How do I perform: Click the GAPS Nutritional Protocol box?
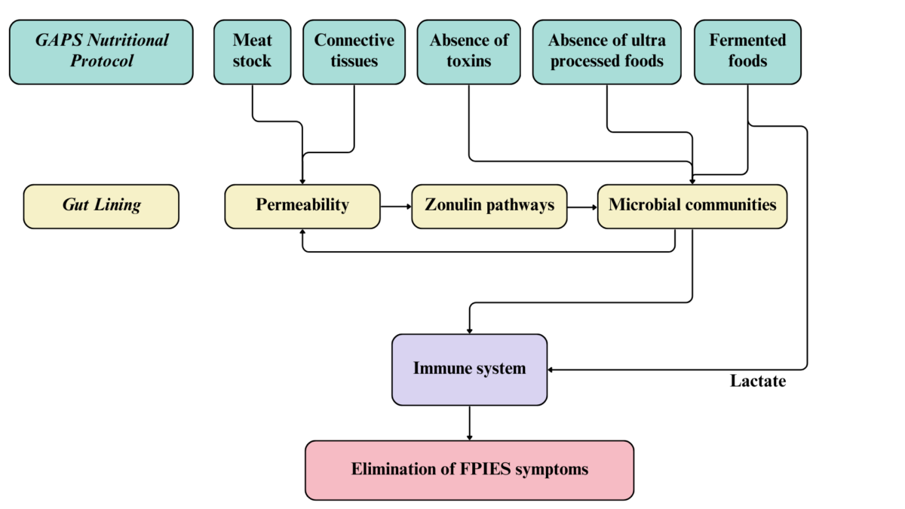101,51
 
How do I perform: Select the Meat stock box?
252,51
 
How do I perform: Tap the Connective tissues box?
354,51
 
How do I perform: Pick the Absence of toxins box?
469,51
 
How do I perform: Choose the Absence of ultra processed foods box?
607,51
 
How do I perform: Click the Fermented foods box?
747,51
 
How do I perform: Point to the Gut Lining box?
101,206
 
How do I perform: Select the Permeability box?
302,206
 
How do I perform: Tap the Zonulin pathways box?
489,206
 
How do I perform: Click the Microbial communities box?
692,206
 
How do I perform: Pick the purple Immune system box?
469,369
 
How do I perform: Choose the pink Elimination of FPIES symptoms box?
469,470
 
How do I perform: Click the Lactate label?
757,382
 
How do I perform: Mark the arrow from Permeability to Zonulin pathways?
396,206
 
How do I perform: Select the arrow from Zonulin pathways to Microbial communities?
582,206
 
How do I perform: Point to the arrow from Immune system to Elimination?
470,423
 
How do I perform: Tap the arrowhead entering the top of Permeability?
302,181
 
